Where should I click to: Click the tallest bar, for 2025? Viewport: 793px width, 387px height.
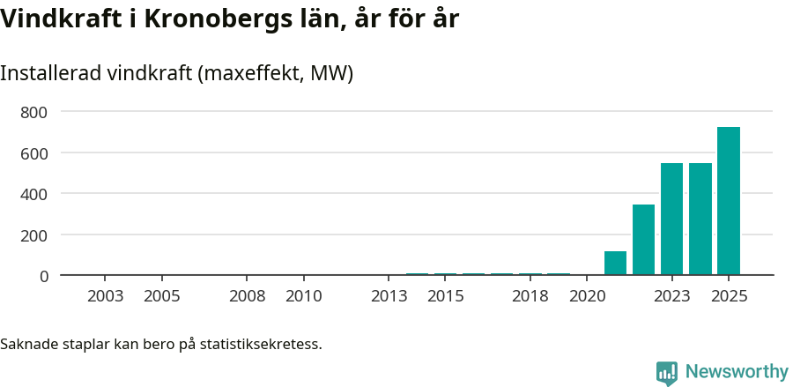[x=728, y=201]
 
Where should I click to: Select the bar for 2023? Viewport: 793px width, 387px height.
[x=671, y=219]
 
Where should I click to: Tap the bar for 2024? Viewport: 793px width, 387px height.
[x=700, y=219]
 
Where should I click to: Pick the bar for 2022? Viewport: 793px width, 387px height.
[x=643, y=240]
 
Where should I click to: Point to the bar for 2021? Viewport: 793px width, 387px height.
[x=615, y=263]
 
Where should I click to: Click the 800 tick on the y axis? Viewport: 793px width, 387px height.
[x=35, y=112]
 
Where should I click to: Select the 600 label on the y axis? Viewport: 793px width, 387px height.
[x=35, y=153]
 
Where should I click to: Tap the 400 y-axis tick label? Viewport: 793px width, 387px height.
[x=35, y=194]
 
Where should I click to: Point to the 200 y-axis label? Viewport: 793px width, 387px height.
[x=35, y=234]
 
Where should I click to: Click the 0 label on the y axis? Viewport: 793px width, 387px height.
[x=43, y=276]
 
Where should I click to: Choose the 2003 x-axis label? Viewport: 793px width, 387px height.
[x=106, y=296]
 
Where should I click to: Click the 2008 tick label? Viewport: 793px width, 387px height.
[x=248, y=296]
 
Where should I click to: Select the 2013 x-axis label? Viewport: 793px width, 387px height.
[x=389, y=296]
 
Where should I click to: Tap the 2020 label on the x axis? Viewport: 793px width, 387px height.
[x=587, y=296]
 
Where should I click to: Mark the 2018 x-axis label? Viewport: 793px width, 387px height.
[x=530, y=296]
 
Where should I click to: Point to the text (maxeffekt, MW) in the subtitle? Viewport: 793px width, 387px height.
[x=278, y=73]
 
